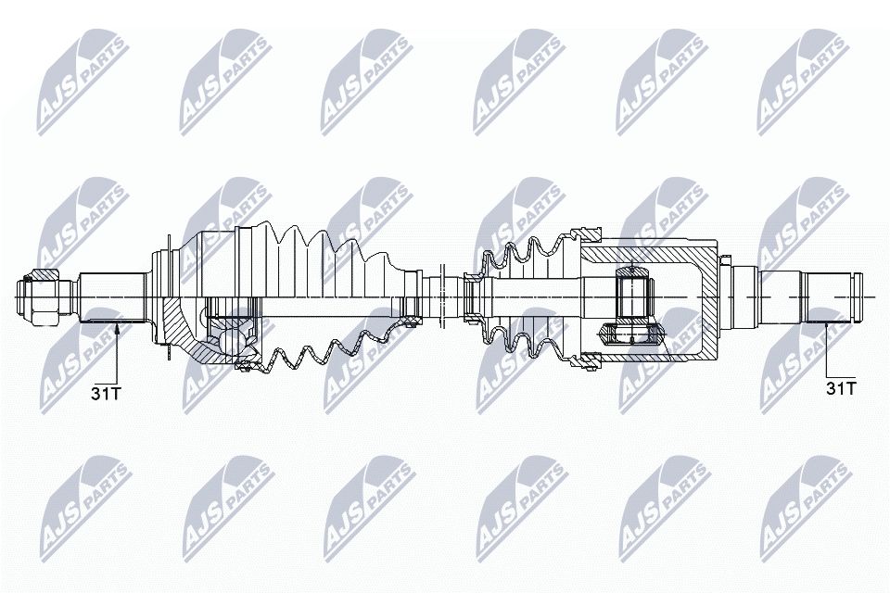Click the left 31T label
coord(106,393)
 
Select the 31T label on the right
coord(840,387)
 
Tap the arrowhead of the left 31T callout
coord(118,326)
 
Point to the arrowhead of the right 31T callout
coord(827,323)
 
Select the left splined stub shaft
coord(111,296)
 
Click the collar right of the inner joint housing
coord(742,295)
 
